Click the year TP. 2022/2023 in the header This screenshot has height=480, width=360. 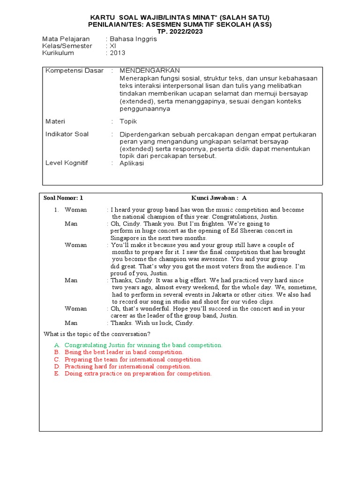click(x=180, y=31)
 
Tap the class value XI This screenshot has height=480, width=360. click(x=112, y=46)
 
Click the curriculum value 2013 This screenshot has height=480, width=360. click(x=118, y=53)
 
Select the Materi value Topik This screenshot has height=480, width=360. click(x=128, y=121)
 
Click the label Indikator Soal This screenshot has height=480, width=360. click(x=67, y=134)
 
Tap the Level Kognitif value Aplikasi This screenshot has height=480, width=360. click(x=132, y=163)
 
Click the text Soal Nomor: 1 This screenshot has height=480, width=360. click(x=63, y=198)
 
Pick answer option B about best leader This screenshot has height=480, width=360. click(x=124, y=352)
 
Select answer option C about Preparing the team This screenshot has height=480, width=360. click(x=133, y=360)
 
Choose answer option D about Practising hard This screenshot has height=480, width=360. click(x=127, y=367)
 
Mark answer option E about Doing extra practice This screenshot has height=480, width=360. click(x=138, y=374)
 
